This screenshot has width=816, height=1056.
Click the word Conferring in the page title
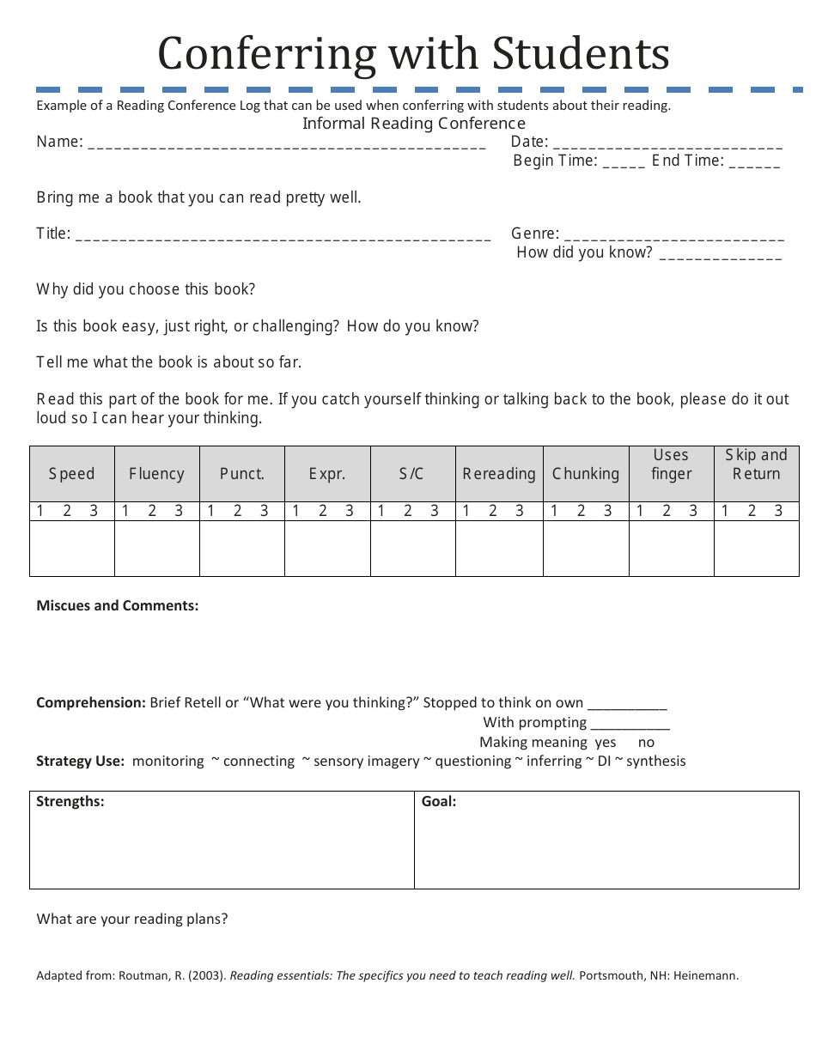(x=266, y=53)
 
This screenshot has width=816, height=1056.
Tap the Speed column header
(x=71, y=474)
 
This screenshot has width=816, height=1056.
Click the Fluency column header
(x=156, y=474)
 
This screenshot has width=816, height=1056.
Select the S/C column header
(x=411, y=474)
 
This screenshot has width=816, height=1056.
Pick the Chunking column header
(x=586, y=474)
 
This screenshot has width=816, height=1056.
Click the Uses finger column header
(x=671, y=464)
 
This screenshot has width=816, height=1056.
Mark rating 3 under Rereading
(x=520, y=512)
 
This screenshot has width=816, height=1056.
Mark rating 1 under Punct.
(x=210, y=512)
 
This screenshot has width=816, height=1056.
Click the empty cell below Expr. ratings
(x=327, y=549)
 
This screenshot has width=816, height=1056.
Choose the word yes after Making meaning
(x=606, y=743)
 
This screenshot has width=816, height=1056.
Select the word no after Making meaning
(x=647, y=743)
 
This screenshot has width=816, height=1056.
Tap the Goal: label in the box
(x=439, y=802)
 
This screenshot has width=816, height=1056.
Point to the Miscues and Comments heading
(x=118, y=606)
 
